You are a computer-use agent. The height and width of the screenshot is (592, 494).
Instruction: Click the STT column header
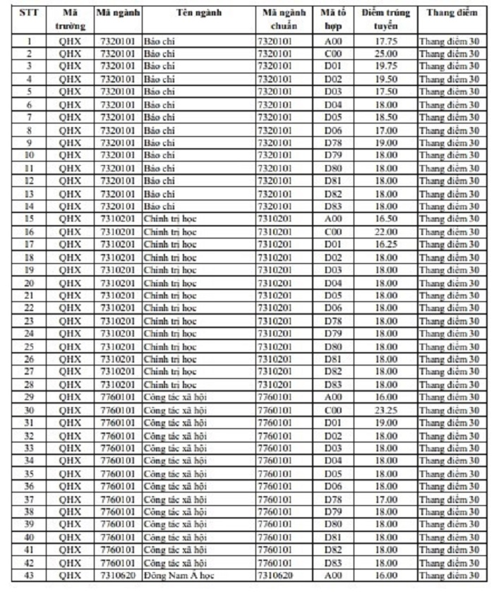(x=28, y=13)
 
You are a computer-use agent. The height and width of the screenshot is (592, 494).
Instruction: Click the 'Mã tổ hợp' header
(x=332, y=19)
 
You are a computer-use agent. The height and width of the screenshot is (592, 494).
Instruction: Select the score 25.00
(x=386, y=54)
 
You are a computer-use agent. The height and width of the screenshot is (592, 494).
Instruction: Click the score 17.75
(x=386, y=41)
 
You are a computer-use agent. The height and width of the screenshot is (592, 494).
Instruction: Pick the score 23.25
(x=386, y=409)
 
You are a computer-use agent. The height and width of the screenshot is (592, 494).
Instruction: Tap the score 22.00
(x=386, y=231)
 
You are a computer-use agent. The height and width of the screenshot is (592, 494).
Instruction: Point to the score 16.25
(x=386, y=244)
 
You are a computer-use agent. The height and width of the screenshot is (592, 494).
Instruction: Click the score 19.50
(x=386, y=79)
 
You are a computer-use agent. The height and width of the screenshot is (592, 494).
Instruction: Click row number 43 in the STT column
(x=28, y=575)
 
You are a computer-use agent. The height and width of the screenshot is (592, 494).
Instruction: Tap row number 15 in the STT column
(x=28, y=219)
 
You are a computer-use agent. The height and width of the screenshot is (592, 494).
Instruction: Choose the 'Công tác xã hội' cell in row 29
(x=176, y=397)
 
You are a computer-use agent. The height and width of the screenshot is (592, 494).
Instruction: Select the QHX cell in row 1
(x=70, y=41)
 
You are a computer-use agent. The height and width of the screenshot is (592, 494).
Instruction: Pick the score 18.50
(x=386, y=117)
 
